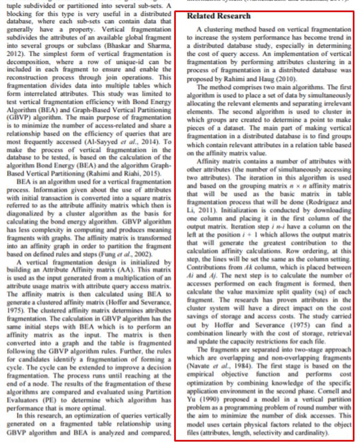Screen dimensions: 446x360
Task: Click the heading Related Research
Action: point(218,16)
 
